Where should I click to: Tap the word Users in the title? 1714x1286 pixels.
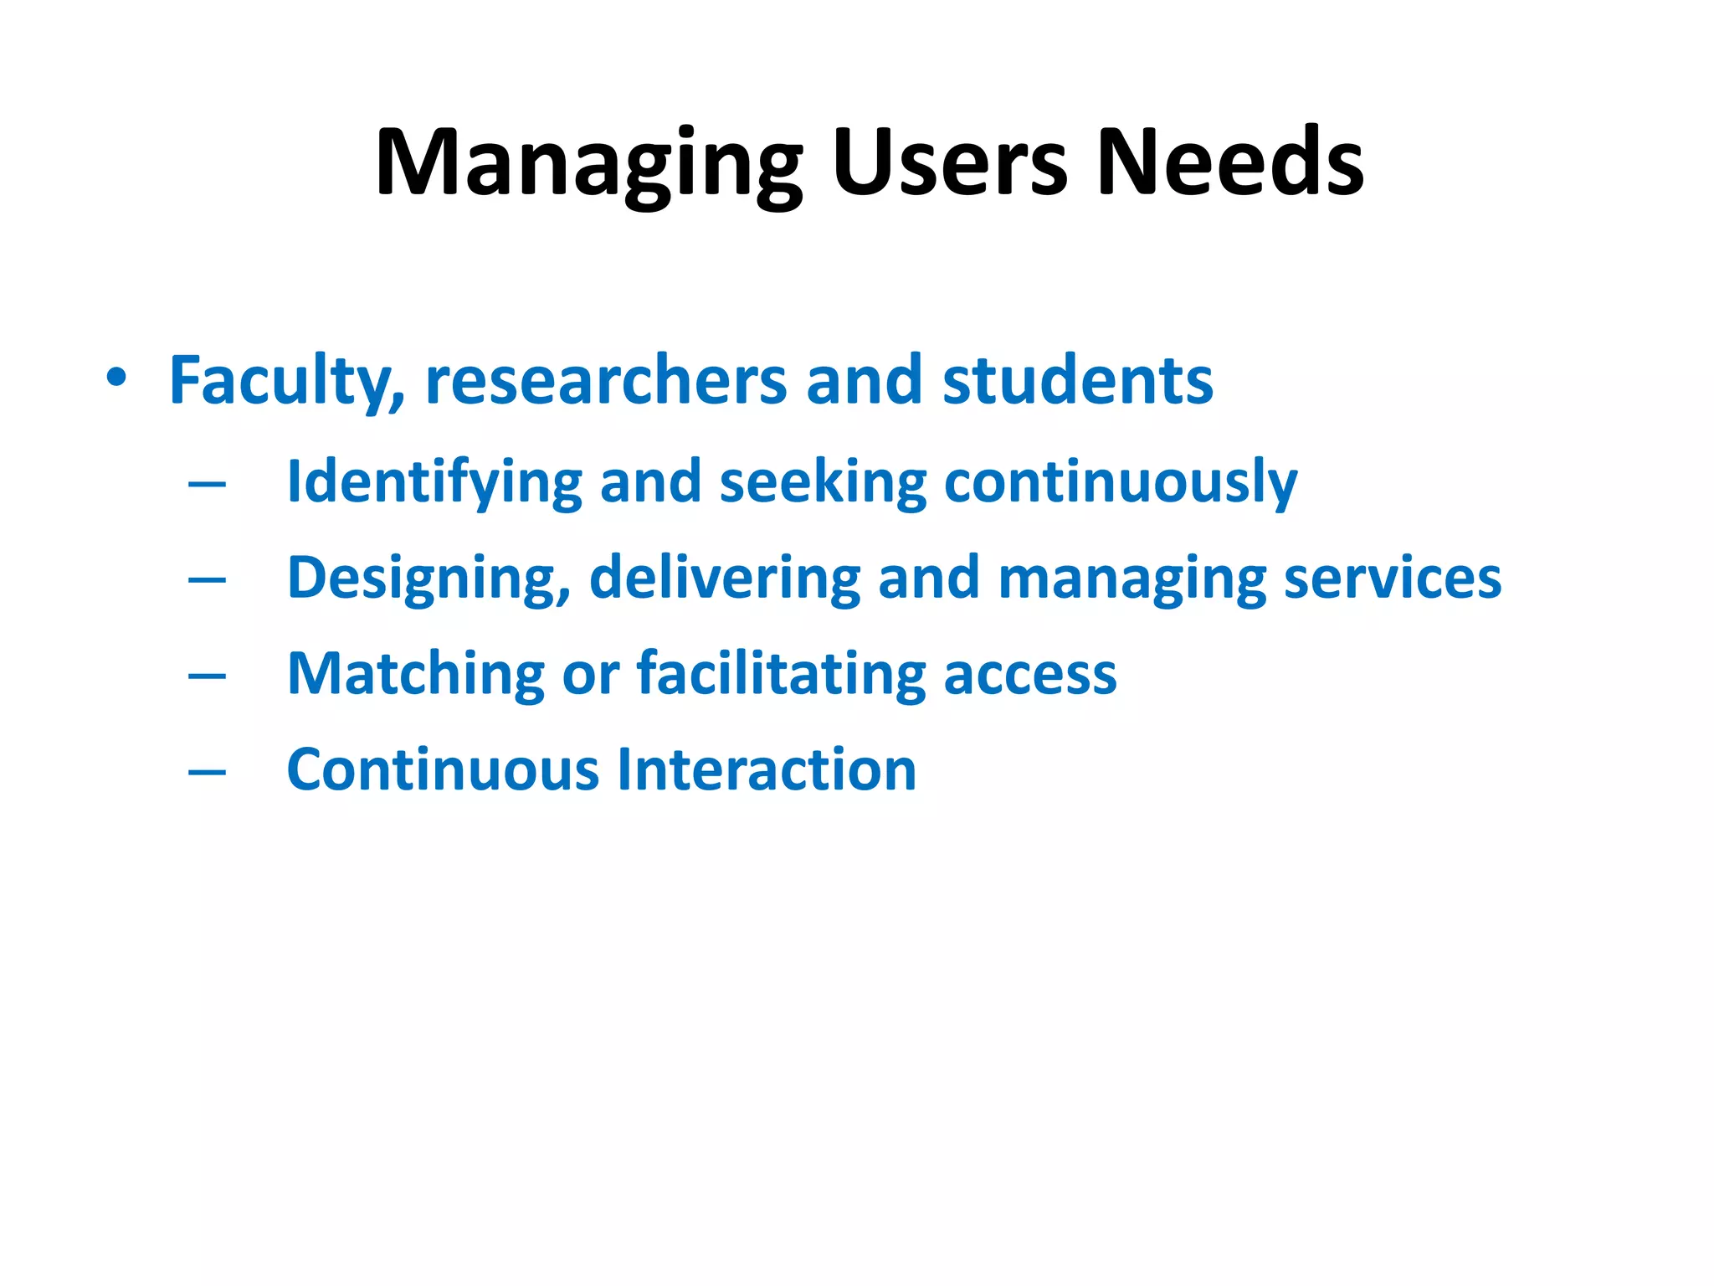click(949, 163)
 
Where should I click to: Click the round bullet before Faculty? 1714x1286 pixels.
click(116, 378)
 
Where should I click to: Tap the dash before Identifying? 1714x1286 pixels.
click(207, 484)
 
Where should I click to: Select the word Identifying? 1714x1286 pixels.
click(434, 483)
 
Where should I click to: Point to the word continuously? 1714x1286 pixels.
click(1121, 483)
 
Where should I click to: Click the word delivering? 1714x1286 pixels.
click(725, 579)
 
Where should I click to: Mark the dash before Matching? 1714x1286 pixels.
click(207, 676)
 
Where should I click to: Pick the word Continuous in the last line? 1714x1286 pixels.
click(443, 770)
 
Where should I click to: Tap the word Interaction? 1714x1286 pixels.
click(767, 770)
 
